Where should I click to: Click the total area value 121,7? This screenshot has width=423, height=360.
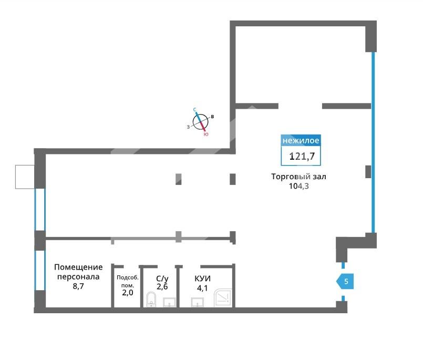tap(302, 156)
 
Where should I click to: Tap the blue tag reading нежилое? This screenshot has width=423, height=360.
tap(301, 140)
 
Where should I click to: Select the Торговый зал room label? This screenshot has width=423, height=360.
tap(298, 177)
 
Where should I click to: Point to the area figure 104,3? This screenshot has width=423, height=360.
tap(298, 186)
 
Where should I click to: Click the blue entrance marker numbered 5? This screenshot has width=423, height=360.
tap(345, 282)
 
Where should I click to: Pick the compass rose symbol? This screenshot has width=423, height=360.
tap(200, 122)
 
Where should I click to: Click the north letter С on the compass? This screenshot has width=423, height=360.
tap(194, 109)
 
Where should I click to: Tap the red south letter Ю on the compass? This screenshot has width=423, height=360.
tap(206, 134)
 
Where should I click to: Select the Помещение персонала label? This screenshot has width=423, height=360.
tap(78, 272)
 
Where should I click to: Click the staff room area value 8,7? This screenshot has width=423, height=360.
tap(78, 286)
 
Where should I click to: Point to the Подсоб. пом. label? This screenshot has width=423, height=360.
tap(127, 281)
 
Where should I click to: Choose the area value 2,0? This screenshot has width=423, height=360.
tap(127, 293)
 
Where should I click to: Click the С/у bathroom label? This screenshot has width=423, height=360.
tap(162, 278)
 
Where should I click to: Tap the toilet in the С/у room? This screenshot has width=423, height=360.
tap(151, 299)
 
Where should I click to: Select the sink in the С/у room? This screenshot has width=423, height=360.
tap(169, 302)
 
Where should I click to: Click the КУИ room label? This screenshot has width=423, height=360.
tap(202, 279)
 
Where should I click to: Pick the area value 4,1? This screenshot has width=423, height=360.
tap(202, 288)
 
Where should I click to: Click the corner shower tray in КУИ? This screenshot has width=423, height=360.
tap(223, 298)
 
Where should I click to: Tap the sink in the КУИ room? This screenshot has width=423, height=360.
tap(198, 302)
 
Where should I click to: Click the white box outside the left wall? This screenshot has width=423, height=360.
tap(25, 177)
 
